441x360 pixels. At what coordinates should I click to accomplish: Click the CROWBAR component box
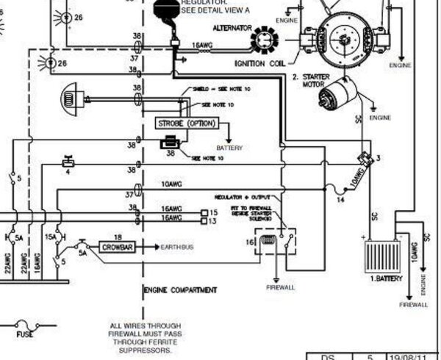pos(115,248)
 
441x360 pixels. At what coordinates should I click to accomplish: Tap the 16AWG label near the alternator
pos(204,44)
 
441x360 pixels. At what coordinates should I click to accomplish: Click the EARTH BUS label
pos(177,248)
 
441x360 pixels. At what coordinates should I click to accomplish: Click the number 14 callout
pos(340,199)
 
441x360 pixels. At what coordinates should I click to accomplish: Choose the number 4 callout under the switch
pos(68,172)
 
